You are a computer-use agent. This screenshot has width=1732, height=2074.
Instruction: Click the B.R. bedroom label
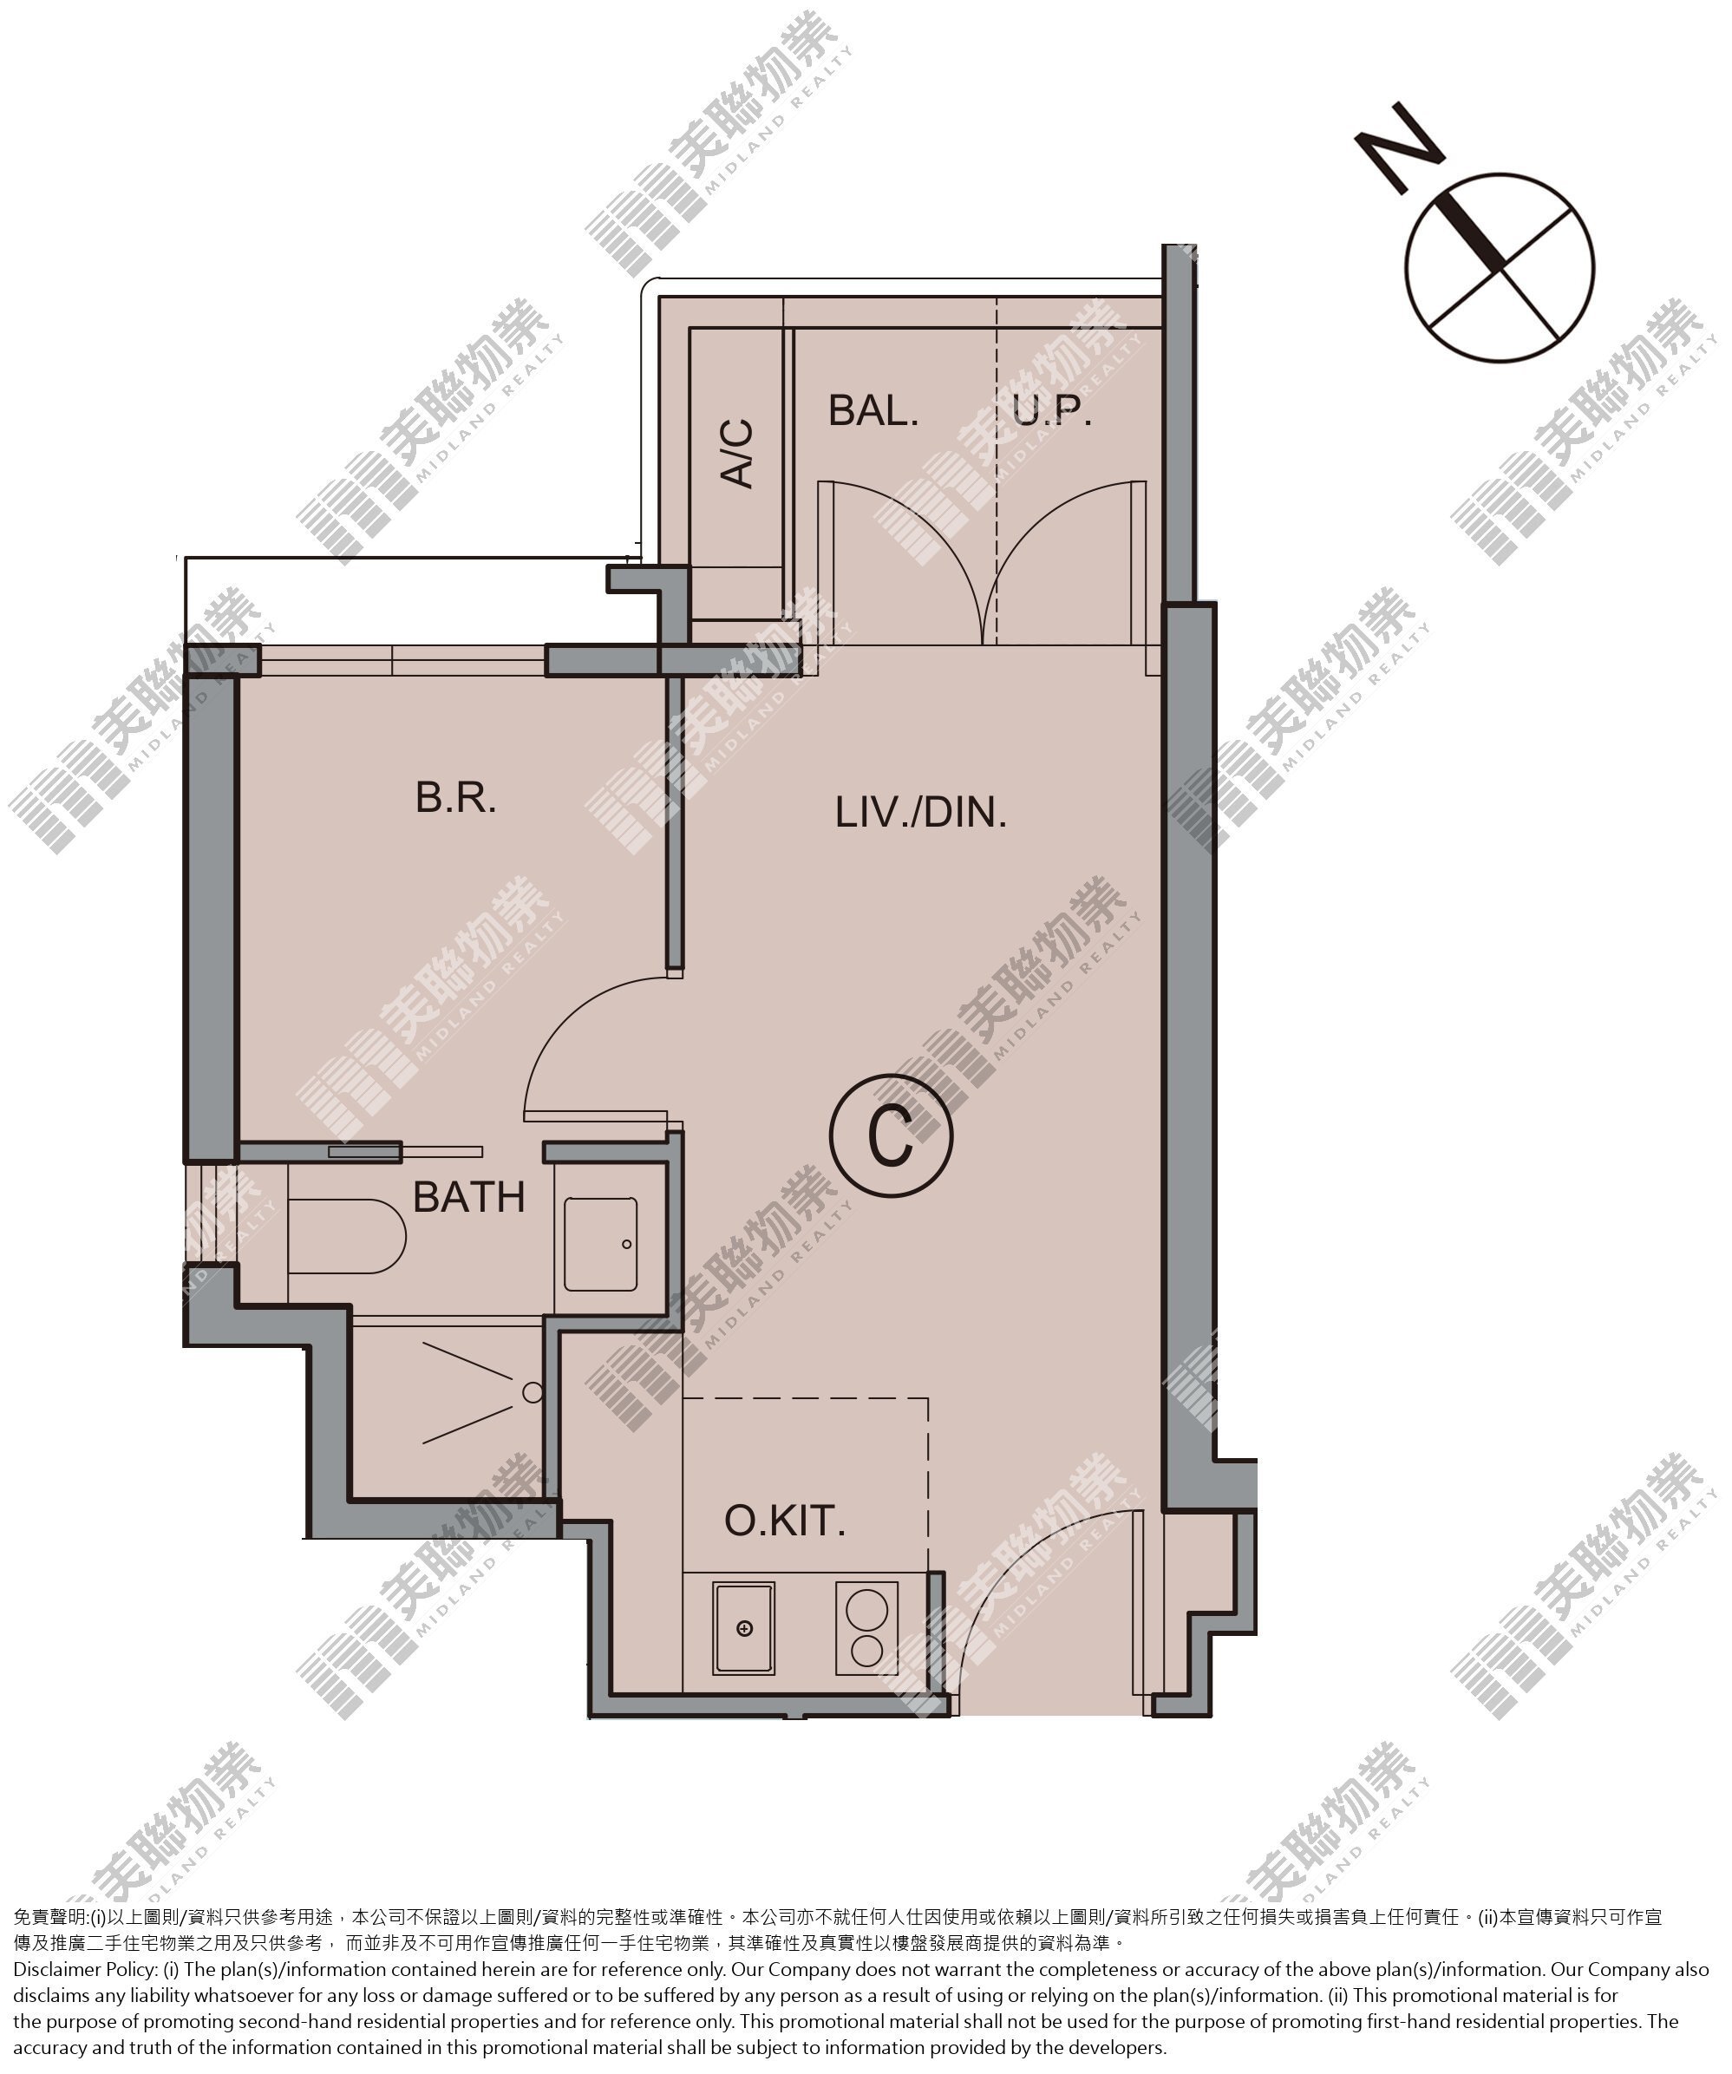(x=455, y=797)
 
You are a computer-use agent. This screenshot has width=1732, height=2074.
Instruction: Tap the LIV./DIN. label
(x=920, y=812)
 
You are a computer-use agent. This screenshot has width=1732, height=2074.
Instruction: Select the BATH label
(x=468, y=1197)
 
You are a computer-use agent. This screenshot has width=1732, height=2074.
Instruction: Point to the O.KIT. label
(x=785, y=1521)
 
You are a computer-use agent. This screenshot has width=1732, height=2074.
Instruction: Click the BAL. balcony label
(x=873, y=410)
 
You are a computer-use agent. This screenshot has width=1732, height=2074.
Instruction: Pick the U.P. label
(x=1052, y=410)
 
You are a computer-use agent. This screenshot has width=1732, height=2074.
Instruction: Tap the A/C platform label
(x=736, y=454)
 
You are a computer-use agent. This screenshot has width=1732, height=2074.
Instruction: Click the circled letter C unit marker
(x=892, y=1135)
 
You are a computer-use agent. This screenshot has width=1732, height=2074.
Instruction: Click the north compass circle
(x=1499, y=268)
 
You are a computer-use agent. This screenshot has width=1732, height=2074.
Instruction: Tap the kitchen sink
(x=743, y=1629)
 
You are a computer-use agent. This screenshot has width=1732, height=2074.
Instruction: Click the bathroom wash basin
(x=600, y=1245)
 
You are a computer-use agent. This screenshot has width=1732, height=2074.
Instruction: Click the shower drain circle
(x=533, y=1392)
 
